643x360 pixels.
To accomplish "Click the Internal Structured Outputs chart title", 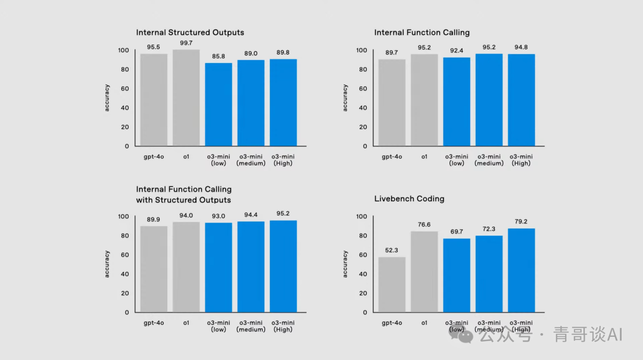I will point(190,33).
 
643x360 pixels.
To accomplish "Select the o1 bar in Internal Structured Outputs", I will point(186,98).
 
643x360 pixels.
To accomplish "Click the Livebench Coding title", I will point(409,199).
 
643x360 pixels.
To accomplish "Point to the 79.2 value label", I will point(521,221).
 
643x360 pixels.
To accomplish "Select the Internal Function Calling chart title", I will point(422,33).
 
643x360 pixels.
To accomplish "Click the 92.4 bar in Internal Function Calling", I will point(457,101).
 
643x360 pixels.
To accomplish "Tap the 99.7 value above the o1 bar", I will point(186,43).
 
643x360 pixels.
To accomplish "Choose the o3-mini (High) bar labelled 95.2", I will point(283,267).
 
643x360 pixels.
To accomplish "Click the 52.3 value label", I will point(392,250).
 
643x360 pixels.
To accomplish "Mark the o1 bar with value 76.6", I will point(424,272).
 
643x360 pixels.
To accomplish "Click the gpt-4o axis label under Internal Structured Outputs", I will point(154,156).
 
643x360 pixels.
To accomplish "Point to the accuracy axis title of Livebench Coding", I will point(345,264).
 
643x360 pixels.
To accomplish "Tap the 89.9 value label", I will point(154,218).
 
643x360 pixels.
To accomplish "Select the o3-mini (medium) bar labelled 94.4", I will point(251,267).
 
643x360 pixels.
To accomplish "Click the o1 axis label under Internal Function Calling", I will point(424,156).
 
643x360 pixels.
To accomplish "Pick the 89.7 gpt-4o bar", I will point(392,102).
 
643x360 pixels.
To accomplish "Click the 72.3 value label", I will point(489,228).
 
